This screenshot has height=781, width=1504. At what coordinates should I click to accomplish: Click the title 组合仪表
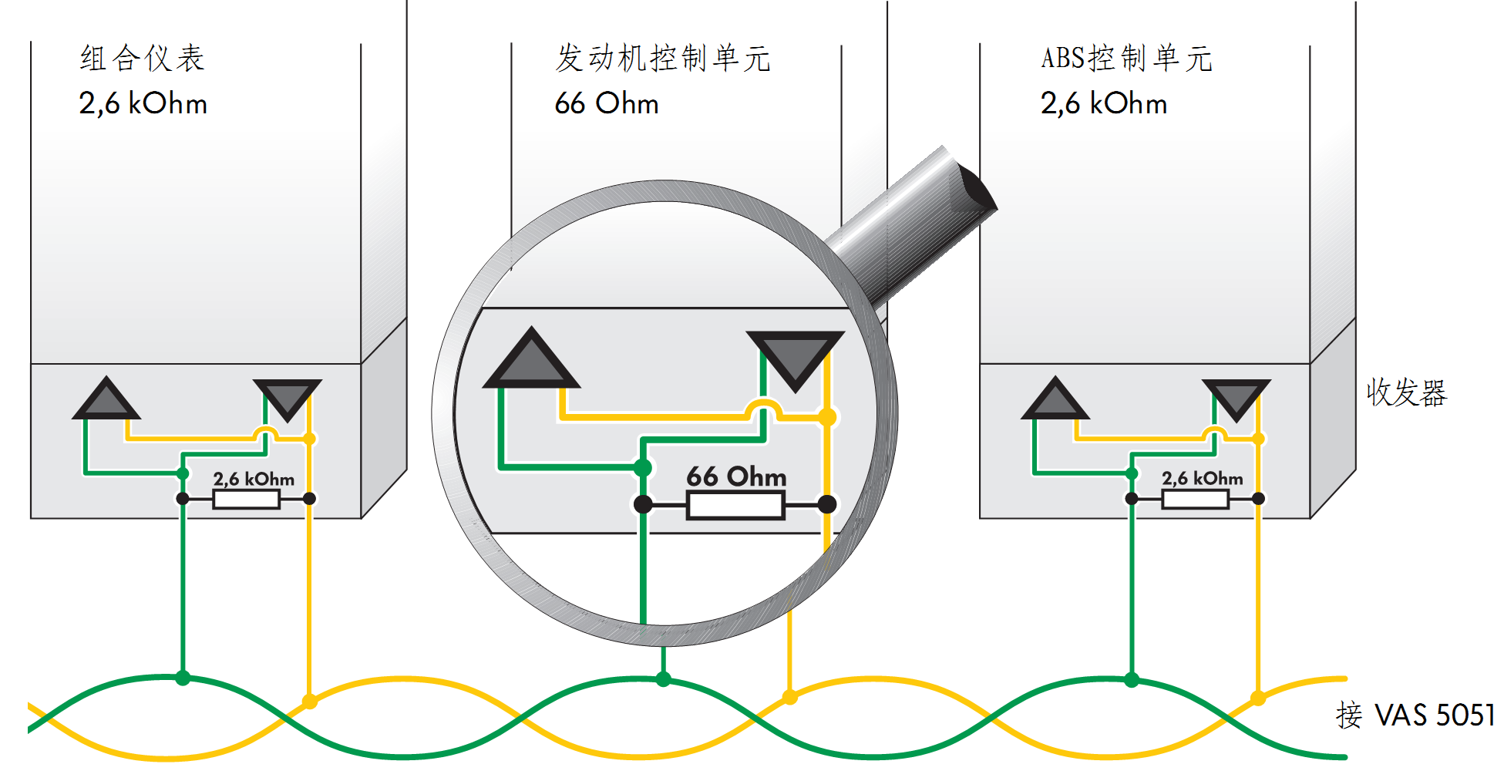tap(143, 59)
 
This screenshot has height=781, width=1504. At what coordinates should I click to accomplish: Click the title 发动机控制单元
tap(663, 59)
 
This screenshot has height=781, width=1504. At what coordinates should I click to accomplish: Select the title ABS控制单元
tap(1126, 59)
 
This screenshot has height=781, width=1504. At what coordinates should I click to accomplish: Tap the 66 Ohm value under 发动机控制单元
tap(607, 103)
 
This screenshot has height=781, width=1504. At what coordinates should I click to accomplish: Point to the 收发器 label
tap(1407, 392)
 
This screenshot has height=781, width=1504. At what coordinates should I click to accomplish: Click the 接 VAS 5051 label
tap(1415, 715)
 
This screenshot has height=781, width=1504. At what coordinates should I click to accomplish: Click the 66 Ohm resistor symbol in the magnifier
tap(735, 506)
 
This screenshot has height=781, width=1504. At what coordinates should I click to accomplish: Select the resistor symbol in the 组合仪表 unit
tap(246, 500)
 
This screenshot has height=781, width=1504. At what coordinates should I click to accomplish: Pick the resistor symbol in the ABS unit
tap(1195, 500)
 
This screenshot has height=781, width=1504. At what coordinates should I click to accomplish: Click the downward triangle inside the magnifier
tap(796, 355)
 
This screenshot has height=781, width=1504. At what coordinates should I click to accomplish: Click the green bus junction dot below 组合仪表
tap(183, 678)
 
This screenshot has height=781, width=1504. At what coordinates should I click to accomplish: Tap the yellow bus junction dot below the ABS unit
tap(1258, 699)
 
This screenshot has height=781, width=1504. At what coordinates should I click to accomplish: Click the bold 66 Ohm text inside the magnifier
tap(736, 476)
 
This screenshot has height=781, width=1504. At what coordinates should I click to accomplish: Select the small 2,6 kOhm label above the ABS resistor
tap(1203, 479)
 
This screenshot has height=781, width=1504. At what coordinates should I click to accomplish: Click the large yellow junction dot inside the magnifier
tap(827, 418)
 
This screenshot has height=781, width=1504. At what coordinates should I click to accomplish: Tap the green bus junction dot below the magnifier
tap(663, 679)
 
